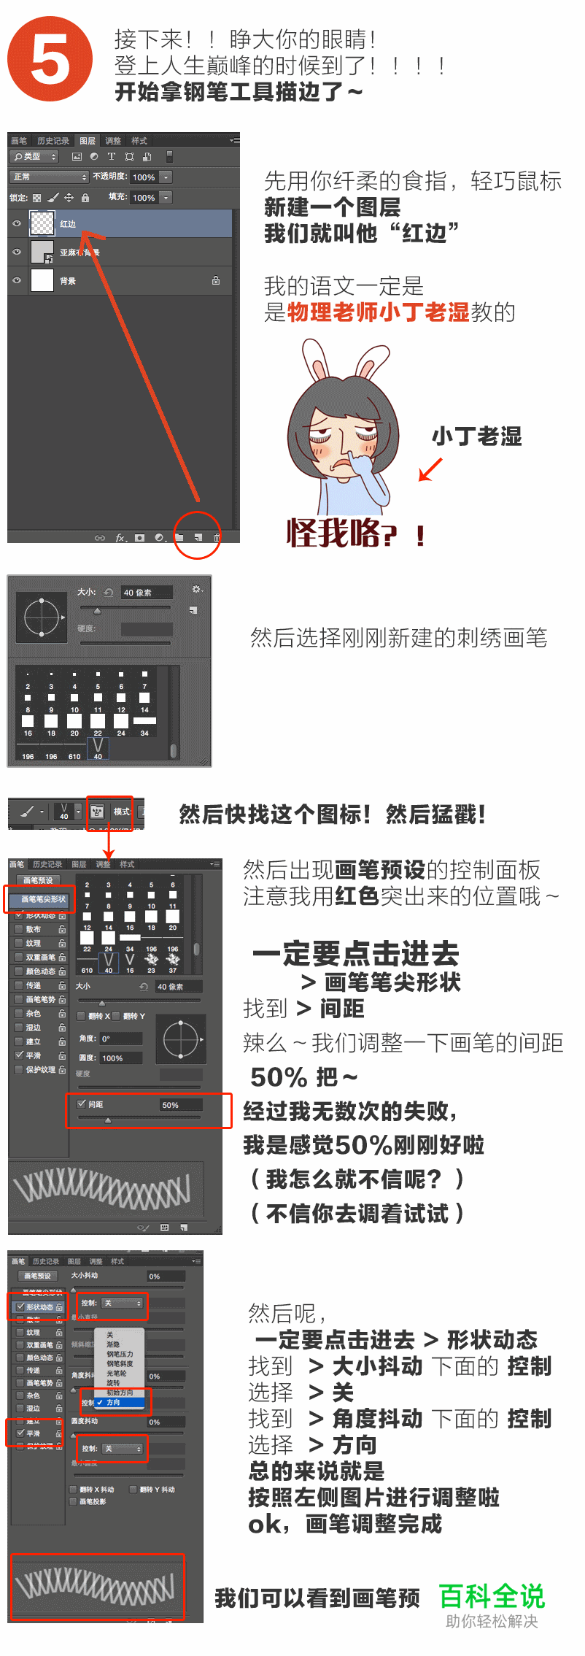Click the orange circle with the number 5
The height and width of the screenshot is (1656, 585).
50,59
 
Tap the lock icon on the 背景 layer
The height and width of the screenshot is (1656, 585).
216,280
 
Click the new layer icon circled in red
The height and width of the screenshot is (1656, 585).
198,537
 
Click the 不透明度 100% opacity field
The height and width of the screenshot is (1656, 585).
144,177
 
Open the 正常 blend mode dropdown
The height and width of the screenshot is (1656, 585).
49,177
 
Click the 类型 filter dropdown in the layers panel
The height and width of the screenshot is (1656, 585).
34,156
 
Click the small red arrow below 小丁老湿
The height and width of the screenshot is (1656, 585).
430,469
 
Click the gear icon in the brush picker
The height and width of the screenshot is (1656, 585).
195,589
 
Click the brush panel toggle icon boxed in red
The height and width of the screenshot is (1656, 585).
97,811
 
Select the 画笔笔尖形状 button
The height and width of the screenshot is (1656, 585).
43,899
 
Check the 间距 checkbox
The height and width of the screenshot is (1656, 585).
82,1104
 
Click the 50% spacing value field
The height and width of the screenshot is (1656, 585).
179,1105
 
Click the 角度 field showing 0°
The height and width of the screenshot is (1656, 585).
120,1038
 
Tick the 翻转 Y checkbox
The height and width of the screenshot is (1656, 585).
116,1015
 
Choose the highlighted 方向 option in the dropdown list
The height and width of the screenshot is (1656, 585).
114,1402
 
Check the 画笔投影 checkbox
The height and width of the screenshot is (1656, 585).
73,1501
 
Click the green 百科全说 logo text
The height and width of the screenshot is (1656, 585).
492,1596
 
